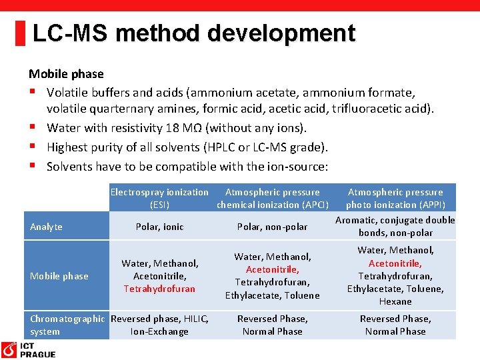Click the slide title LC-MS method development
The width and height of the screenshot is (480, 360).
[x=193, y=33]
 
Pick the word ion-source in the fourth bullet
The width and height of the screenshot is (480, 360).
[x=297, y=166]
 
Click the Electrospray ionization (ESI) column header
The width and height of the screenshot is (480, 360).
[x=159, y=198]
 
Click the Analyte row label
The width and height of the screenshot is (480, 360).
[x=46, y=227]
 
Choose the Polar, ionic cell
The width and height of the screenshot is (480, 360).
[x=159, y=227]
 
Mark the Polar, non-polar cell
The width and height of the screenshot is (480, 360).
[x=272, y=227]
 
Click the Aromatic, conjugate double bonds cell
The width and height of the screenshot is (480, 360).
[x=395, y=226]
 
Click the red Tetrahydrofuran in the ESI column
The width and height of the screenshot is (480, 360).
[x=159, y=289]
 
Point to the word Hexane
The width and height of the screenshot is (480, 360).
[x=395, y=301]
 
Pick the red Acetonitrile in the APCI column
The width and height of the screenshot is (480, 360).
[x=272, y=269]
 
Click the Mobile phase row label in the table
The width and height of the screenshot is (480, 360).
[x=59, y=276]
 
